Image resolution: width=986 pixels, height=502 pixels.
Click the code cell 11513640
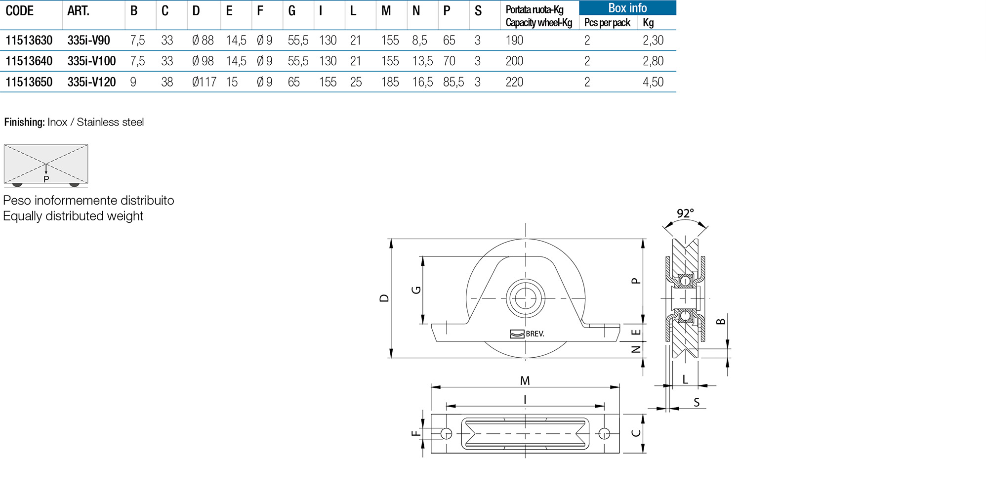coord(29,61)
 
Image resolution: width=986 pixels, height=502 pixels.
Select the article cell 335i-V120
coord(91,82)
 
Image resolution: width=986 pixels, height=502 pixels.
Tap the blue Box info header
coord(627,8)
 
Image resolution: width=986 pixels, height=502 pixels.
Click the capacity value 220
coord(514,82)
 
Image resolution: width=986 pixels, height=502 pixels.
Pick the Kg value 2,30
coord(653,40)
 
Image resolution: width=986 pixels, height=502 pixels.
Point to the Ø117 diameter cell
coord(204,82)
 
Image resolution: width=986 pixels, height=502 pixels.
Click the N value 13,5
coord(422,61)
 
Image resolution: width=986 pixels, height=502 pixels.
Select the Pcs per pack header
coord(607,23)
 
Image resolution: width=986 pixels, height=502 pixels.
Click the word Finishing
coord(24,122)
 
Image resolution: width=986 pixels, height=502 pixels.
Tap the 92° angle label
coord(685,213)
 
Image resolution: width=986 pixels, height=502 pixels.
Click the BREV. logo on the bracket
coord(527,334)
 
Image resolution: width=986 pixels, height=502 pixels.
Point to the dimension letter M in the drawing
coord(525,380)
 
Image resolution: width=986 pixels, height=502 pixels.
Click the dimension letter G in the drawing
coord(416,290)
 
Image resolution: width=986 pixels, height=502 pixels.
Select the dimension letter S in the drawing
coord(697,402)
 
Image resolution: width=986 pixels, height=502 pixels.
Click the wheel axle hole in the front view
coord(526,298)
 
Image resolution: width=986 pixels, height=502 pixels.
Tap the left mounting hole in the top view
coord(446,434)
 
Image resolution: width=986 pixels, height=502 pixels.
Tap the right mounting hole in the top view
coord(604,434)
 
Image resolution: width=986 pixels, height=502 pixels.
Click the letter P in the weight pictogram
coord(46,179)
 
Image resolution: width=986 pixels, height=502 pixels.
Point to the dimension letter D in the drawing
coord(384,298)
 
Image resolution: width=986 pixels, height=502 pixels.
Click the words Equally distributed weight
coord(73,216)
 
